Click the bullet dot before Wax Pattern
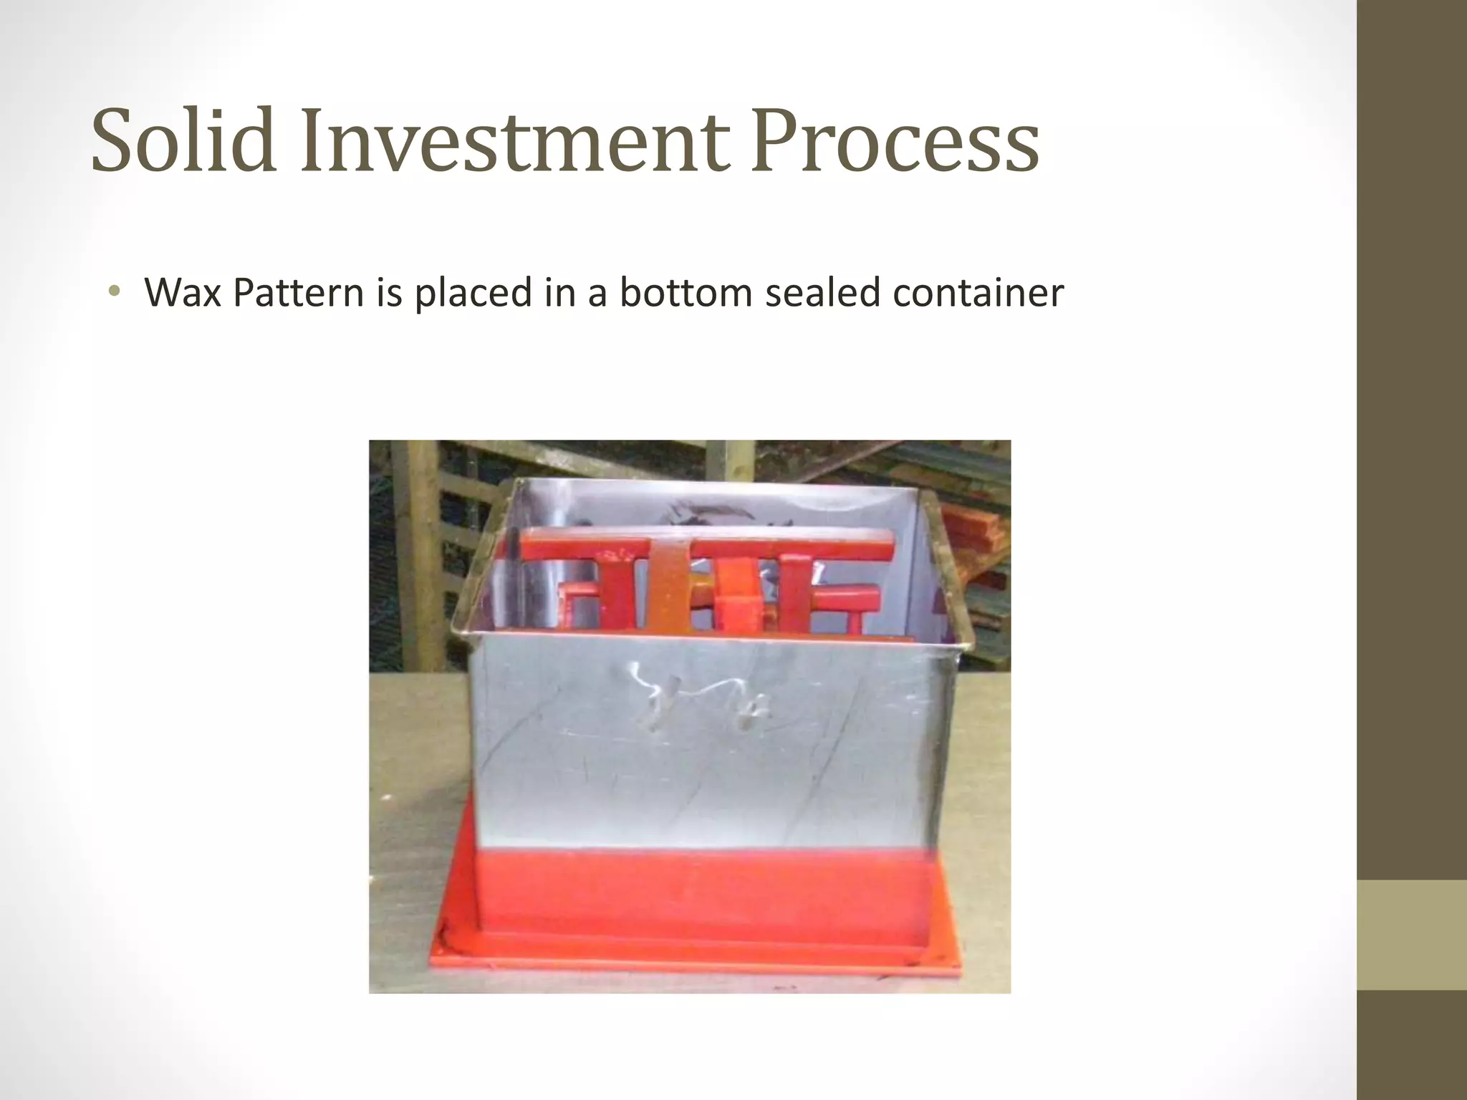click(x=113, y=292)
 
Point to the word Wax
click(x=183, y=292)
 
